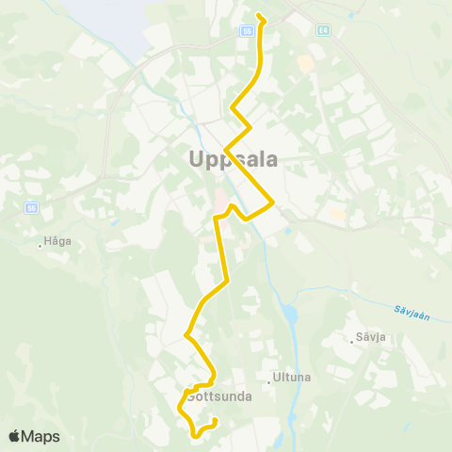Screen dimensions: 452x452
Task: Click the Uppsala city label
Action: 234,159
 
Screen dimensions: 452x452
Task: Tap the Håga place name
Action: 57,241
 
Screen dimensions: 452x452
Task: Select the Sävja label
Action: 371,336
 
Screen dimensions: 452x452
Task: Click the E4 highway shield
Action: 323,30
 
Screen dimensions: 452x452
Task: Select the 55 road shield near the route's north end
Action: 247,30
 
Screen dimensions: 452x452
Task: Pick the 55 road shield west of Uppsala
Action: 31,207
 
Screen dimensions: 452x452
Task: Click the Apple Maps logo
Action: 34,436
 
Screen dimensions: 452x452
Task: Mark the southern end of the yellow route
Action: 216,420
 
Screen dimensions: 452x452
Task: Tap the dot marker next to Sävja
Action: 353,341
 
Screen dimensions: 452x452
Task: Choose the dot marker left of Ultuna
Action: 267,382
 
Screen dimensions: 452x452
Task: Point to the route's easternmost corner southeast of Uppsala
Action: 273,201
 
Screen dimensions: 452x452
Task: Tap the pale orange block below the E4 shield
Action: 305,63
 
